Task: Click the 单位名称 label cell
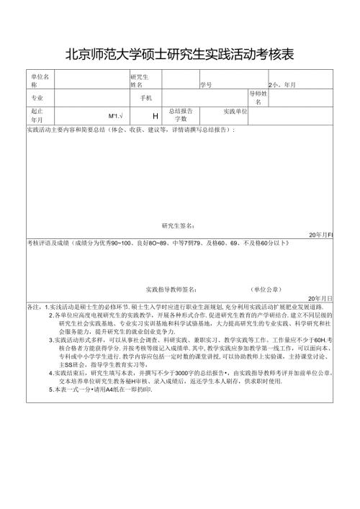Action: click(39, 80)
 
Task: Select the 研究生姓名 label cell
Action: click(140, 80)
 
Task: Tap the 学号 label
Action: click(206, 84)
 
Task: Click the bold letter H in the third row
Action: click(156, 116)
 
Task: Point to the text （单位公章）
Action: click(266, 289)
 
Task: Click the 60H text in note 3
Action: click(318, 340)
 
